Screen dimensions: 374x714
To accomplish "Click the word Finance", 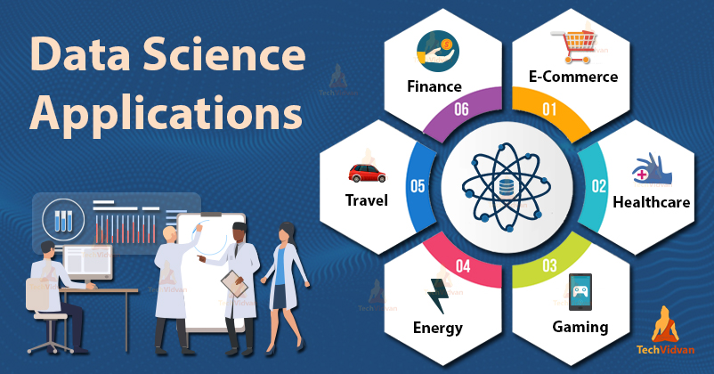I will pos(435,86).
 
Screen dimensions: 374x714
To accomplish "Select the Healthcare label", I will pos(651,202).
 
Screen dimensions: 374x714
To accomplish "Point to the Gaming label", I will pos(579,327).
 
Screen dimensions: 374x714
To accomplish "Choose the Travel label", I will pos(366,199).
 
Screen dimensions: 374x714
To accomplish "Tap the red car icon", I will pos(363,171).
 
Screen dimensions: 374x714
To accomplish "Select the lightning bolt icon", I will pos(439,294).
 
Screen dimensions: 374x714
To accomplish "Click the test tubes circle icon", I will pos(63,219).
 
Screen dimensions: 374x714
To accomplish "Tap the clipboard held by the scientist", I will pos(233,284).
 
